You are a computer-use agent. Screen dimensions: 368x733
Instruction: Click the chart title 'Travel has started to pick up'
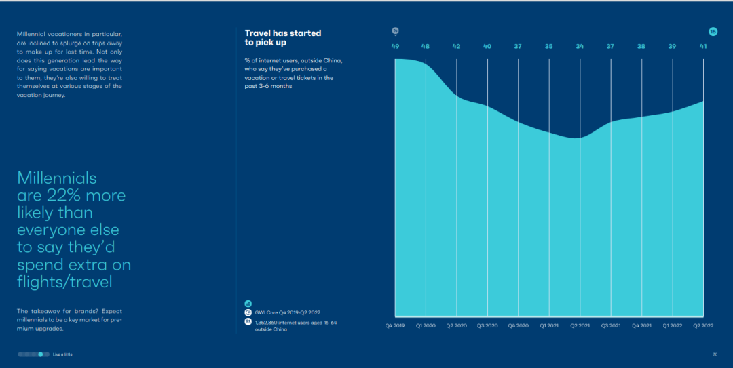[x=283, y=37]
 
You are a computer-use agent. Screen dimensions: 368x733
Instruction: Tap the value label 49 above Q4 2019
[x=395, y=46]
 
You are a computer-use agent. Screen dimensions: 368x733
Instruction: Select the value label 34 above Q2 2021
[x=580, y=46]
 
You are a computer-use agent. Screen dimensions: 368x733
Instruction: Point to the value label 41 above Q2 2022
[x=703, y=46]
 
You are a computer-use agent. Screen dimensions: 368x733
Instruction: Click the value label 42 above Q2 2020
[x=456, y=46]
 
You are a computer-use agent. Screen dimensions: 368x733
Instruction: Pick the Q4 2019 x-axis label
[x=394, y=325]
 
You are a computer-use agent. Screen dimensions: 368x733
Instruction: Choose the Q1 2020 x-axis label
[x=426, y=325]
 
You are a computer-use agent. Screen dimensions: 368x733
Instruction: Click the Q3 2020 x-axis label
[x=487, y=325]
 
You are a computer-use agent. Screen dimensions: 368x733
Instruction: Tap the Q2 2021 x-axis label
[x=580, y=325]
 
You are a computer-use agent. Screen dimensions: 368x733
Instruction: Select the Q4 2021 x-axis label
[x=641, y=325]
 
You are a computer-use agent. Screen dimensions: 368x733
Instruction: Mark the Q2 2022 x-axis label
[x=703, y=325]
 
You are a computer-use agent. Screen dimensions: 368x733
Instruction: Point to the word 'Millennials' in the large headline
[x=57, y=178]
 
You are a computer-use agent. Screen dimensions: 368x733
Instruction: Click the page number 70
[x=715, y=354]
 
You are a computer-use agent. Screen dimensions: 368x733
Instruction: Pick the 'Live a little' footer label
[x=62, y=354]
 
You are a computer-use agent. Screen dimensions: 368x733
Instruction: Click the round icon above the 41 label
[x=713, y=32]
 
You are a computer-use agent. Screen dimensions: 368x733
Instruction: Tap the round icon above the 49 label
[x=395, y=31]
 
